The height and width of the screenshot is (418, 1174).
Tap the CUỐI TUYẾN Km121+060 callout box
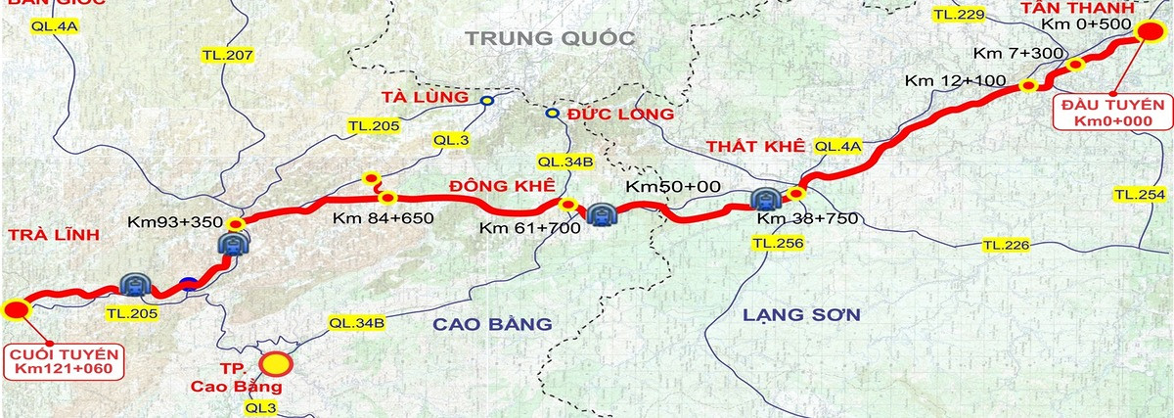[64, 360]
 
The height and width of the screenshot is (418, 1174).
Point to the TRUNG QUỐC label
[551, 39]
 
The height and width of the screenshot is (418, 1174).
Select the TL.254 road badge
[1139, 195]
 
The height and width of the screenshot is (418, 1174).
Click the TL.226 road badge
[1006, 244]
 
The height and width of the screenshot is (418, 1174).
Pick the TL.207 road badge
[227, 56]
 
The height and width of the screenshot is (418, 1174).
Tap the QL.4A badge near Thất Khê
[837, 146]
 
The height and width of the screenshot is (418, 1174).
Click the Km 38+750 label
[807, 218]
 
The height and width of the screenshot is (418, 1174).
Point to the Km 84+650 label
[383, 217]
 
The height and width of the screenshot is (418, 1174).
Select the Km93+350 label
[176, 222]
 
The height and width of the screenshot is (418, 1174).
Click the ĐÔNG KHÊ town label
[502, 186]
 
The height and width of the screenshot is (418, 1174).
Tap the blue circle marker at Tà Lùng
[487, 100]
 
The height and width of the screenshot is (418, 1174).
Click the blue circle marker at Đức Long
[552, 114]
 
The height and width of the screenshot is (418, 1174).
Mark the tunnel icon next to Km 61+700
[600, 213]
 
